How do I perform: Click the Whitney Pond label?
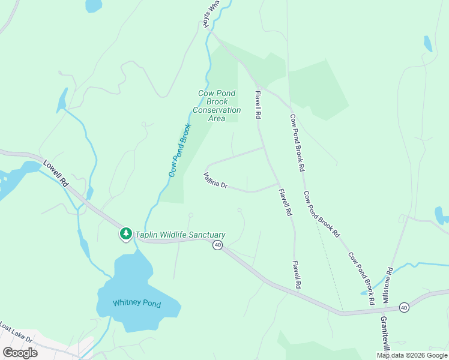[x=136, y=304]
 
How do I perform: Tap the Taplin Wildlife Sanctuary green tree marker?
[x=125, y=233]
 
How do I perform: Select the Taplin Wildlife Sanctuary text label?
[x=180, y=235]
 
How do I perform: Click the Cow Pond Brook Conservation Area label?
[x=217, y=106]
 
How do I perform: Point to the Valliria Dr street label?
[x=215, y=181]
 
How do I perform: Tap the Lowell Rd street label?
[x=57, y=173]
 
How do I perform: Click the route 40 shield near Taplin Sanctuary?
[x=217, y=245]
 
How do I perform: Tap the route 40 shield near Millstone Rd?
[x=404, y=307]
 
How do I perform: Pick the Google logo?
[x=20, y=353]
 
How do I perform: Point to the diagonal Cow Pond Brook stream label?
[x=179, y=150]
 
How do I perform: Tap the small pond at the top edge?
[x=94, y=5]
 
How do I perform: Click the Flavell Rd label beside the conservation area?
[x=258, y=104]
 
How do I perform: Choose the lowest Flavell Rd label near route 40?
[x=297, y=275]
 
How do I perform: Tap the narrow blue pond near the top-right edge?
[x=427, y=44]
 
